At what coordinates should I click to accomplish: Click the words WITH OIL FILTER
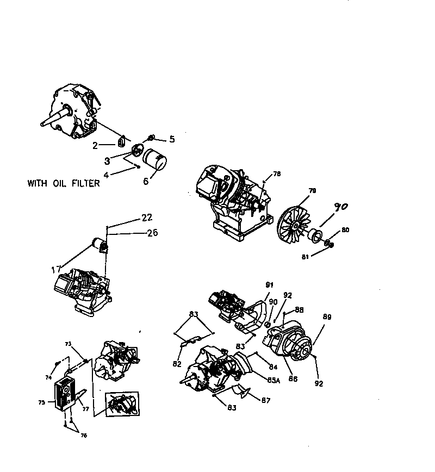tap(64, 183)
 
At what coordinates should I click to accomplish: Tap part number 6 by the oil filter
tap(146, 181)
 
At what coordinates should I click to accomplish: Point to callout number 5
tap(172, 139)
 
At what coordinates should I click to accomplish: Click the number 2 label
tap(95, 145)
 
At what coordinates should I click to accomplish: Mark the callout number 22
tap(147, 218)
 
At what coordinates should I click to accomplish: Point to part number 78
tap(277, 174)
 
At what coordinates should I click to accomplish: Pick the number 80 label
tap(345, 230)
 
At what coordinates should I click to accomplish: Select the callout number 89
tap(327, 316)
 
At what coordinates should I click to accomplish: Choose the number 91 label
tap(269, 284)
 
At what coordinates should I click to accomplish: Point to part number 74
tap(48, 377)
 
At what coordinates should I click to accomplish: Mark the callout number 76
tap(84, 435)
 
